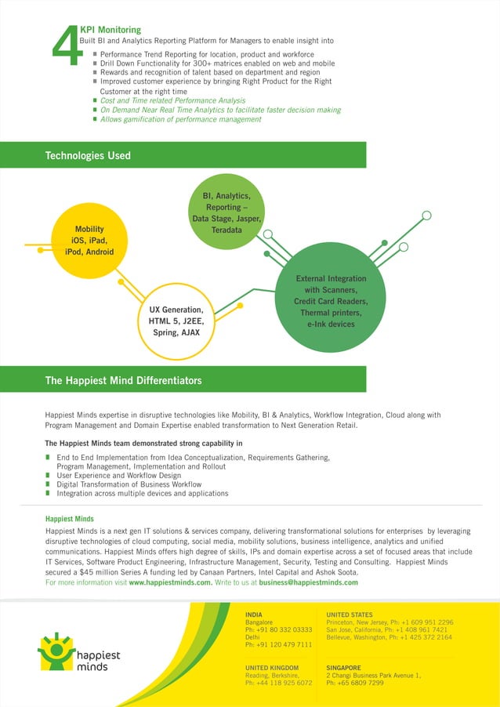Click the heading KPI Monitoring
pyautogui.click(x=111, y=29)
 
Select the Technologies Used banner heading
pyautogui.click(x=88, y=156)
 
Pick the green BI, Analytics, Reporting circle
pyautogui.click(x=226, y=213)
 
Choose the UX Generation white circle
pyautogui.click(x=176, y=321)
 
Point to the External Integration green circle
pyautogui.click(x=331, y=302)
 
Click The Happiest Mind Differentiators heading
pyautogui.click(x=123, y=381)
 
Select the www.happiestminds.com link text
pyautogui.click(x=170, y=582)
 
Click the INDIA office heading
pyautogui.click(x=254, y=614)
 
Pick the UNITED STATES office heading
pyautogui.click(x=350, y=614)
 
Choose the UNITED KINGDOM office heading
pyautogui.click(x=272, y=667)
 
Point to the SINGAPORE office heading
pyautogui.click(x=344, y=667)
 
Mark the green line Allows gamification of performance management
pyautogui.click(x=180, y=119)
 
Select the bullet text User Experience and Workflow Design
pyautogui.click(x=118, y=476)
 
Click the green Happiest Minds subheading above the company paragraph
pyautogui.click(x=70, y=519)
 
